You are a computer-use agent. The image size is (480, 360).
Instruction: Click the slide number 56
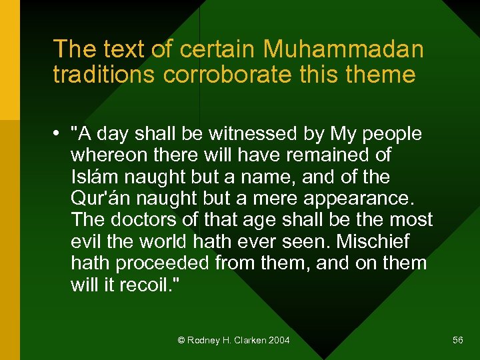(x=457, y=341)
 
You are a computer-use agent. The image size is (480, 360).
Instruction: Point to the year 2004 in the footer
(x=279, y=341)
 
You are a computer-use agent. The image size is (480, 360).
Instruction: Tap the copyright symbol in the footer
(x=181, y=341)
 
